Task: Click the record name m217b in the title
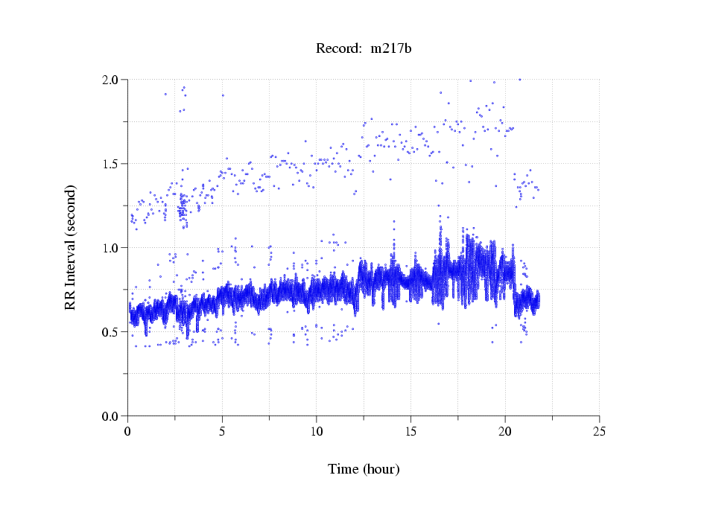pos(391,49)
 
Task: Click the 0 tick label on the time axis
pos(128,431)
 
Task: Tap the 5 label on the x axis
pos(222,431)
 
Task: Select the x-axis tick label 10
pos(317,431)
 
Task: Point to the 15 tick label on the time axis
pos(410,431)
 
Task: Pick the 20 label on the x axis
pos(505,431)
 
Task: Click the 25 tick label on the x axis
pos(599,431)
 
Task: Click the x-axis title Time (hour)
pos(364,469)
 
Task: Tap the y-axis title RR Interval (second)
pos(71,246)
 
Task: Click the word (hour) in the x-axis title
pos(381,469)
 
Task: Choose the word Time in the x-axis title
pos(343,469)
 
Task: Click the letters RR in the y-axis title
pos(71,299)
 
